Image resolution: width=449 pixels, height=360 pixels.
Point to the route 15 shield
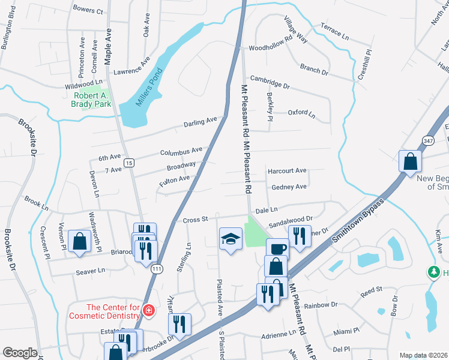[128, 162]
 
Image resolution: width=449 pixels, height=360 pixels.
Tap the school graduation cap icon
[230, 238]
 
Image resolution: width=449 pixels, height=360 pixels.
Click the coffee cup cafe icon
[277, 248]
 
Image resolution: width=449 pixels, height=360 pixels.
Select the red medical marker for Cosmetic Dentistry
[148, 311]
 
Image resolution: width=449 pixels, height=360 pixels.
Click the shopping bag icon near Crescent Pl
[79, 241]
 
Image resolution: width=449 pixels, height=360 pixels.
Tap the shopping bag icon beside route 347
[410, 161]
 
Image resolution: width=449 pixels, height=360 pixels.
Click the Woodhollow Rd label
[270, 47]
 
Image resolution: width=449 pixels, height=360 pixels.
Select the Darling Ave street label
[200, 123]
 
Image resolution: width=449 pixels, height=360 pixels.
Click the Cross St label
[195, 220]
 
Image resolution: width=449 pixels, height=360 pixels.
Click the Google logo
[20, 353]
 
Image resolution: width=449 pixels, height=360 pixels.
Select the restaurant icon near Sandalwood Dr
[300, 236]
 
